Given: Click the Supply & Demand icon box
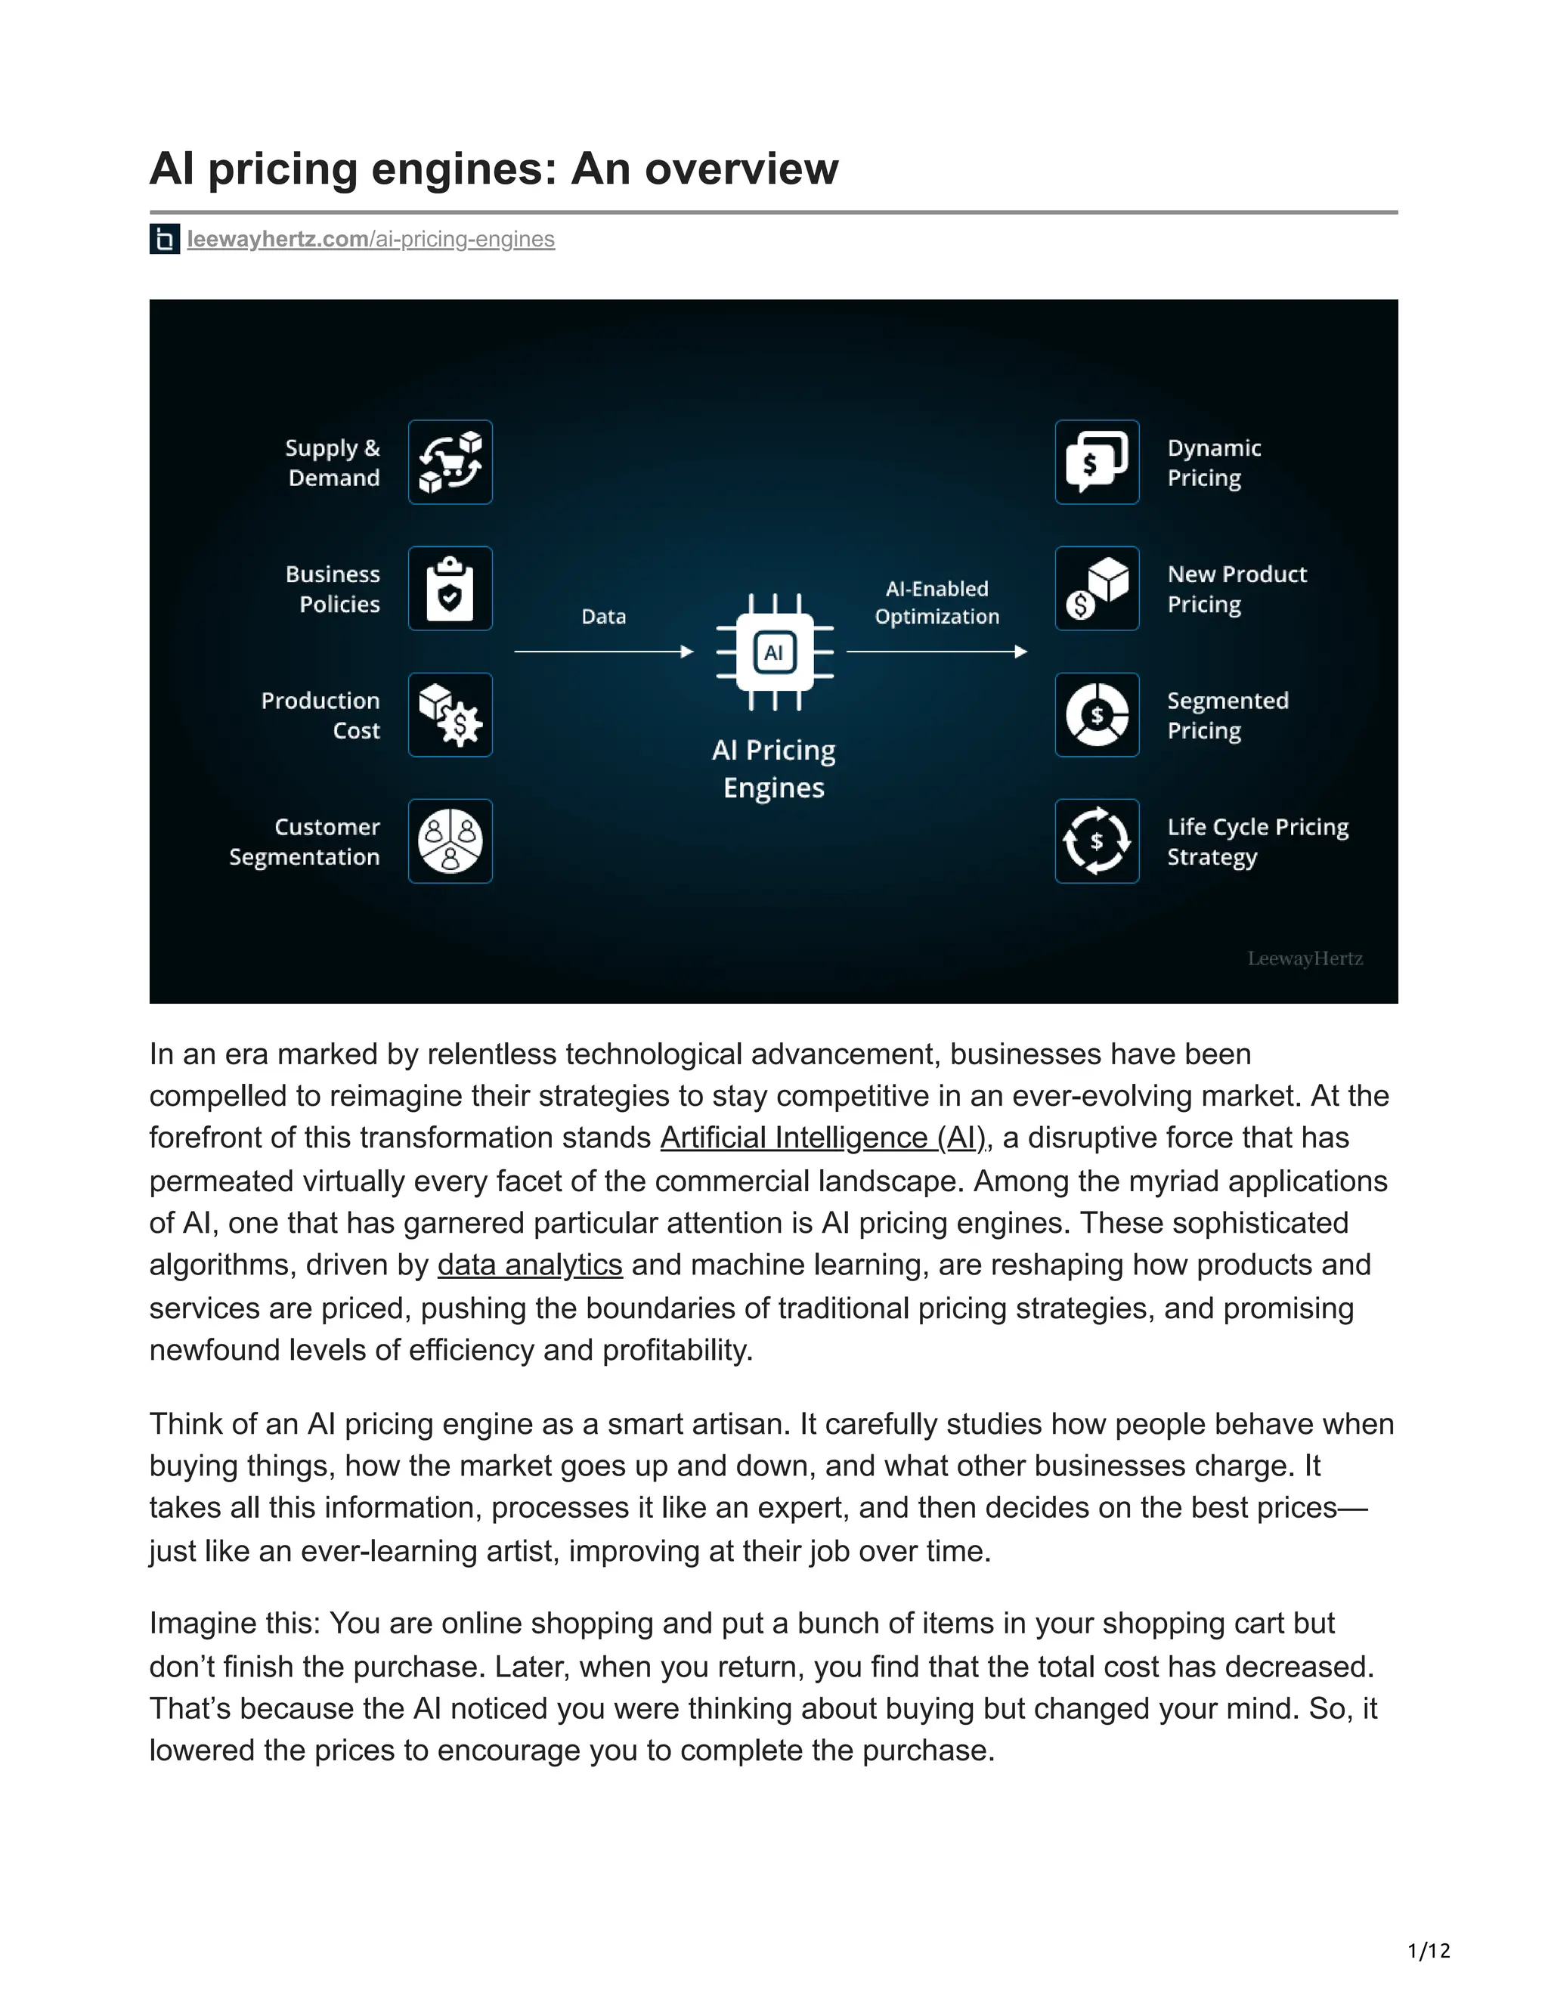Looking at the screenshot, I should tap(450, 463).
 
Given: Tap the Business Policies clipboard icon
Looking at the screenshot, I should tap(450, 589).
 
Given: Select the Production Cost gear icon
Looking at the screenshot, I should tap(450, 715).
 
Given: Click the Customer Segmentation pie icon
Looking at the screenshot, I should tap(450, 841).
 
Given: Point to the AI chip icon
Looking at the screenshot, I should tap(774, 652).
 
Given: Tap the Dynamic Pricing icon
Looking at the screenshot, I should tap(1097, 463).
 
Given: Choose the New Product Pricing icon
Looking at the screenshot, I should tap(1097, 589).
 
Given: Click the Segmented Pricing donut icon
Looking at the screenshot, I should tap(1097, 715).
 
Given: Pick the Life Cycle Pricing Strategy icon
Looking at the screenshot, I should tap(1097, 841).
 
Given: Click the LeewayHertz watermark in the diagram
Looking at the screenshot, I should tap(1304, 958).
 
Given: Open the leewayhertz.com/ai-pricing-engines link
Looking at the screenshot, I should tap(370, 240).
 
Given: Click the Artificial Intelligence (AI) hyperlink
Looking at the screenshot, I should tap(822, 1138).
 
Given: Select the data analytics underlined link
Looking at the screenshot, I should tap(530, 1265).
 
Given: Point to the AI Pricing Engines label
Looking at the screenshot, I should tap(774, 769).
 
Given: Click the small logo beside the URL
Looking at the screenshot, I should tap(165, 240).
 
